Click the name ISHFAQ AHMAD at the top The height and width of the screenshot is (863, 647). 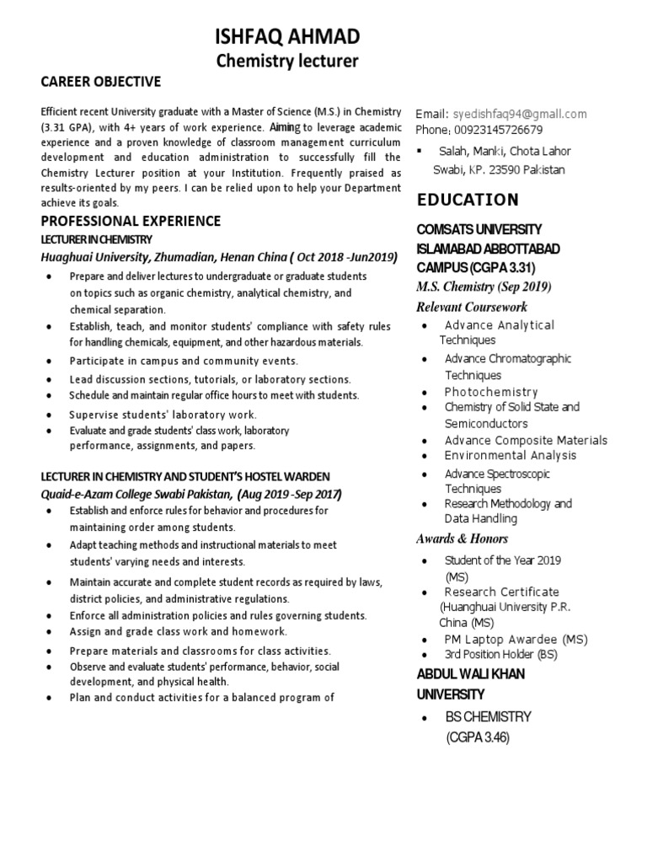tap(287, 36)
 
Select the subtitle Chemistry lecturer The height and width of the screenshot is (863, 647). tap(287, 61)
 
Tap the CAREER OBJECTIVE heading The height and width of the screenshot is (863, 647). tap(101, 82)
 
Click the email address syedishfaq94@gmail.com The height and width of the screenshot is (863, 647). tap(519, 114)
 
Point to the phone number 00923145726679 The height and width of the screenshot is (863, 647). tap(497, 130)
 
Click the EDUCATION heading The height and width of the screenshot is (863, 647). tap(468, 200)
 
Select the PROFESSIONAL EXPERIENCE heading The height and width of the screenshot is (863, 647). tap(131, 221)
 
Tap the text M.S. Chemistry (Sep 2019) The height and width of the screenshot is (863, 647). tap(484, 287)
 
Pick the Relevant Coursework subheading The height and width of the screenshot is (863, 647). tap(471, 306)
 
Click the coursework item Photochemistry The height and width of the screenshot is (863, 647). tap(491, 392)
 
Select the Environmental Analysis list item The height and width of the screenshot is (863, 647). tap(511, 456)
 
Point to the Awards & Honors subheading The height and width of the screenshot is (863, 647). tap(462, 539)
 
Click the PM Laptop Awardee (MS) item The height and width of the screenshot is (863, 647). tap(516, 640)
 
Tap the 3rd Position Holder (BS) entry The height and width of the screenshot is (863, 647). tap(501, 655)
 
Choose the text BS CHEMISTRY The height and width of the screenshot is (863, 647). tap(489, 717)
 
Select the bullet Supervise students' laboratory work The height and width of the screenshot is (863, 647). tap(163, 415)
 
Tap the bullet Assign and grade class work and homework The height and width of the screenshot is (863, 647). tap(179, 631)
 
